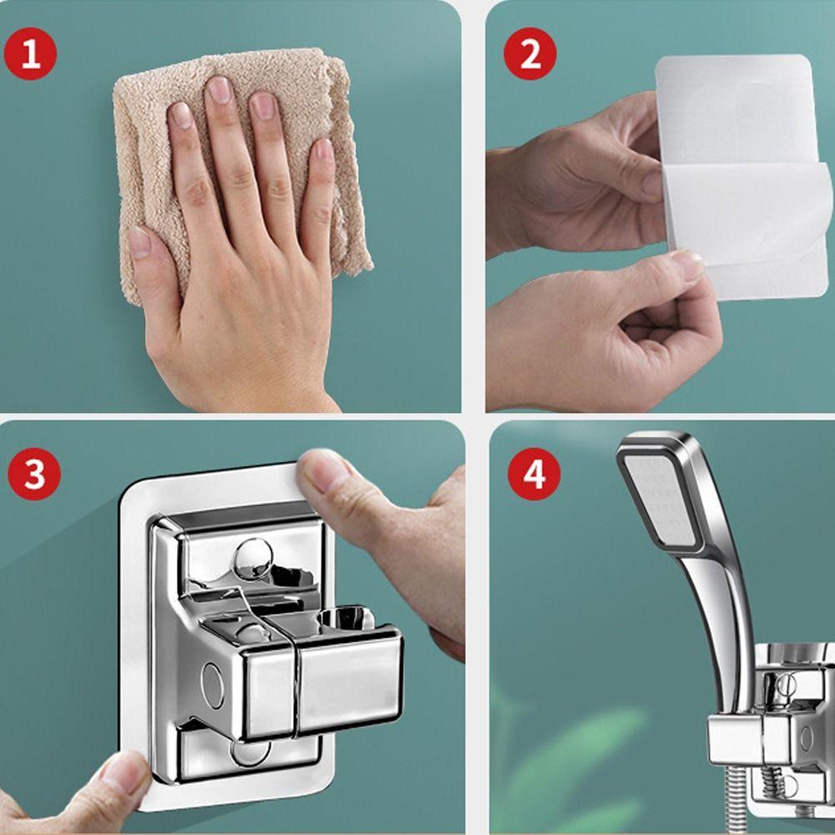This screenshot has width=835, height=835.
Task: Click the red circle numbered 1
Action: (x=30, y=53)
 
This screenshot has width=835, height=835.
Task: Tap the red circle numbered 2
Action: (x=530, y=53)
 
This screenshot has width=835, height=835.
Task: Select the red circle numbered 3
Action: (x=34, y=473)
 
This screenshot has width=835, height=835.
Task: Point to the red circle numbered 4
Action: (x=534, y=473)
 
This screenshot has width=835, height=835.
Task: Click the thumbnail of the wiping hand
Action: (x=139, y=243)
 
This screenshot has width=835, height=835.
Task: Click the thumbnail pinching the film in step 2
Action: (x=687, y=266)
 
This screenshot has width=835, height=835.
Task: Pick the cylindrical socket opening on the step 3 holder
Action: (x=346, y=617)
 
